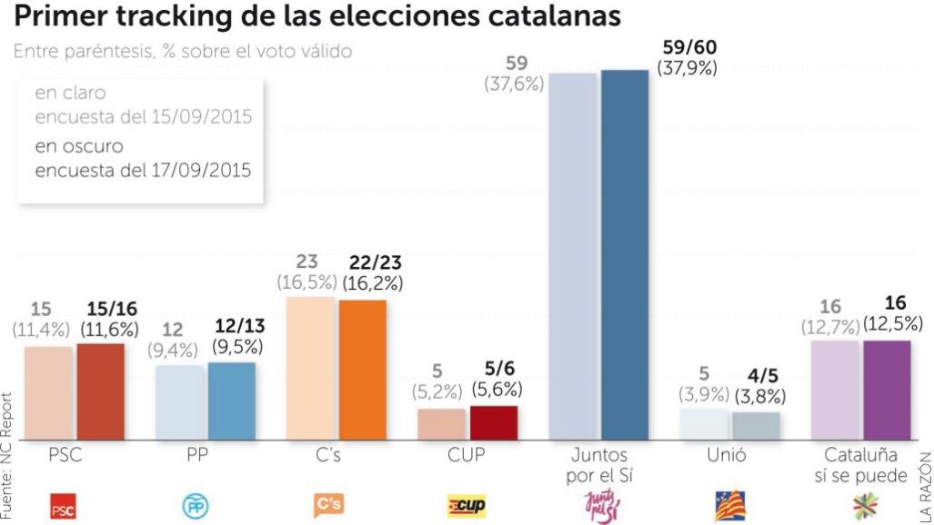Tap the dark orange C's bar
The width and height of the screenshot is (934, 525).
point(363,370)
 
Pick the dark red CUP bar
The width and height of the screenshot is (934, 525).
point(494,423)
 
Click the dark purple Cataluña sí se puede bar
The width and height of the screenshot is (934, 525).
point(887,391)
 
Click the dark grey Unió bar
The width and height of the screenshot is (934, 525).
point(756,426)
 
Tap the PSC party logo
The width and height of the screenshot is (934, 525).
point(63,508)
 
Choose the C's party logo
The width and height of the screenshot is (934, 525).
point(328,504)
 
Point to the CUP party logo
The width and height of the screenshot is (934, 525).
point(467,507)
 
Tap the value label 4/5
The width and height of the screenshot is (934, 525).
point(762,377)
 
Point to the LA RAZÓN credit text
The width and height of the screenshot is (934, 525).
point(925,486)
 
